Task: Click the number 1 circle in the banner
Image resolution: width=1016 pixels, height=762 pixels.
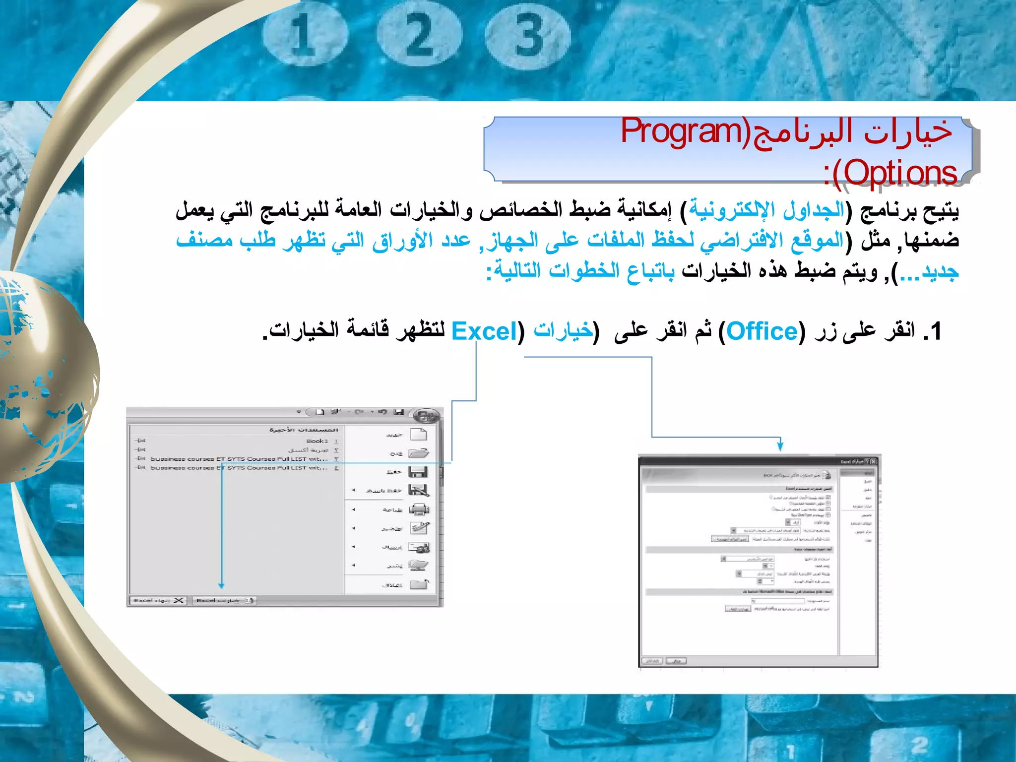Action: (304, 35)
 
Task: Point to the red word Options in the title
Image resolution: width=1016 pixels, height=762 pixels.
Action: (900, 173)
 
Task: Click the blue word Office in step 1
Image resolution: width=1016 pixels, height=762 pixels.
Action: (762, 331)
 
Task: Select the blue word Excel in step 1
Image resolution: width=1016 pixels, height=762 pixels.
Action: (484, 331)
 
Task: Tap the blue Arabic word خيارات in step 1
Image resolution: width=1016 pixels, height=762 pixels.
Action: (563, 330)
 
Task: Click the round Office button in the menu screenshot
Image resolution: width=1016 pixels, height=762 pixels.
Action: (427, 416)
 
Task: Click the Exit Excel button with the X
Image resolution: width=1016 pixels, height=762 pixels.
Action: (158, 600)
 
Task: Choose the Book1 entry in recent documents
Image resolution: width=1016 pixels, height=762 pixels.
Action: (317, 441)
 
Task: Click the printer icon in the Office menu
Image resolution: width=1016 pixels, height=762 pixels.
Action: (419, 509)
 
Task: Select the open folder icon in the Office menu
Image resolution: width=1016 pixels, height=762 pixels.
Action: (419, 453)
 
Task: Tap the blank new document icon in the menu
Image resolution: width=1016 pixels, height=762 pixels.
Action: (419, 435)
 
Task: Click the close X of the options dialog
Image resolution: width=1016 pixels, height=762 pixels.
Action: (873, 461)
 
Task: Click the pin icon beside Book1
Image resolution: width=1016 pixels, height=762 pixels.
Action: (141, 441)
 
